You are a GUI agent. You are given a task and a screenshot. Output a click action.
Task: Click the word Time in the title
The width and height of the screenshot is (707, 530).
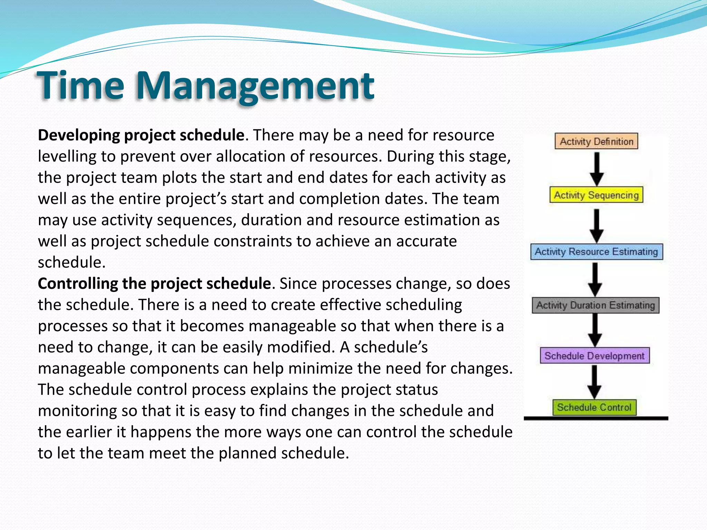click(x=80, y=85)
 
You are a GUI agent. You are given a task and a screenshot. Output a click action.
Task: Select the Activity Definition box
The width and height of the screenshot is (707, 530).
click(x=596, y=141)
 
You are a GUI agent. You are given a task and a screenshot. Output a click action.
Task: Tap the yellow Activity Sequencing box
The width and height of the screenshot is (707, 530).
click(x=596, y=195)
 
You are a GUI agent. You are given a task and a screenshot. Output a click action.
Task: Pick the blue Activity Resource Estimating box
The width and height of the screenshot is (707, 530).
click(x=596, y=252)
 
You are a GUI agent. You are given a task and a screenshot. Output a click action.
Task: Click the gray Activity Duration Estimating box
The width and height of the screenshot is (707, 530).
click(x=595, y=305)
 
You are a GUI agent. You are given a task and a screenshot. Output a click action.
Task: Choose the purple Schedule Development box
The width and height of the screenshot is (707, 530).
click(x=594, y=356)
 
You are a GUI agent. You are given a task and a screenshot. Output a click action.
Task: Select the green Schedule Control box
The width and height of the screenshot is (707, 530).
click(x=594, y=408)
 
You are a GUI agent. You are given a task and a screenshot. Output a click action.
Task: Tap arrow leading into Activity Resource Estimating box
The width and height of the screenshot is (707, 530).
click(x=597, y=225)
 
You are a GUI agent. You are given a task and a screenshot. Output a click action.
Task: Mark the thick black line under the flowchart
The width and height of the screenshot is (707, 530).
click(x=596, y=419)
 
